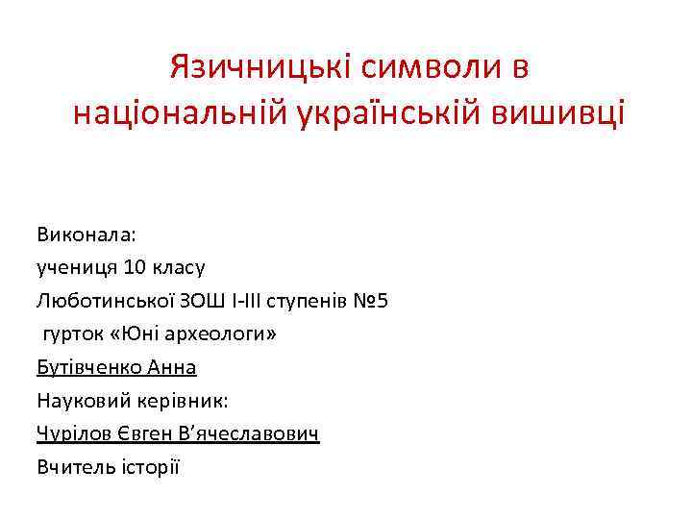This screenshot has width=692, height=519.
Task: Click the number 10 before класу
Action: tap(136, 267)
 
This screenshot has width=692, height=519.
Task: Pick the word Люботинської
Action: tap(105, 301)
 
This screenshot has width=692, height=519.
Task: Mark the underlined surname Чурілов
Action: tap(73, 434)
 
